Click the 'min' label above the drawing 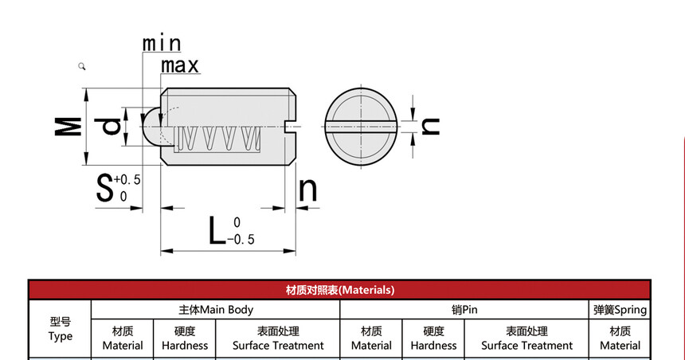pyautogui.click(x=162, y=43)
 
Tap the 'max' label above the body pyautogui.click(x=179, y=65)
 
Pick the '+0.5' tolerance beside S pyautogui.click(x=127, y=180)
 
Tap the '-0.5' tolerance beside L pyautogui.click(x=241, y=240)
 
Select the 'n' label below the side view pyautogui.click(x=307, y=190)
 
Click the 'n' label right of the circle pyautogui.click(x=429, y=125)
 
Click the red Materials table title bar pyautogui.click(x=339, y=290)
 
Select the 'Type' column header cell pyautogui.click(x=60, y=329)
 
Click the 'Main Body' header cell pyautogui.click(x=215, y=310)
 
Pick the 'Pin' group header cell pyautogui.click(x=464, y=310)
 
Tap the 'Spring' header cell pyautogui.click(x=619, y=310)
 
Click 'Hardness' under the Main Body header pyautogui.click(x=185, y=338)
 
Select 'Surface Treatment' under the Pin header pyautogui.click(x=526, y=338)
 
